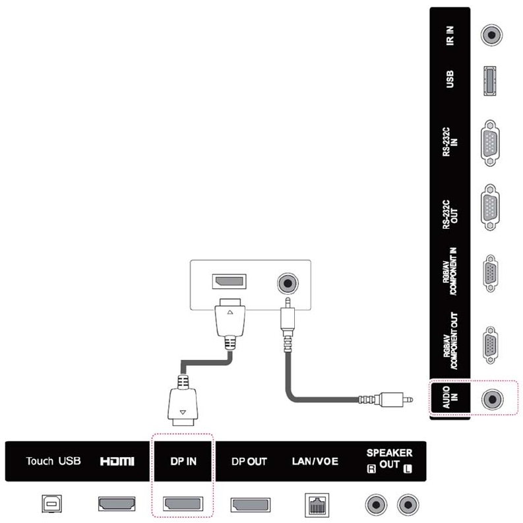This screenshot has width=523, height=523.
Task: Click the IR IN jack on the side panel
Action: [489, 34]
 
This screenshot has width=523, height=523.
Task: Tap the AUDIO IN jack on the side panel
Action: [491, 399]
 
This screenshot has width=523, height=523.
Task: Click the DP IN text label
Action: [181, 461]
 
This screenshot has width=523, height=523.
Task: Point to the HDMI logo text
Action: [117, 461]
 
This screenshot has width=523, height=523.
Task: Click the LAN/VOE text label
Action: [315, 461]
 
